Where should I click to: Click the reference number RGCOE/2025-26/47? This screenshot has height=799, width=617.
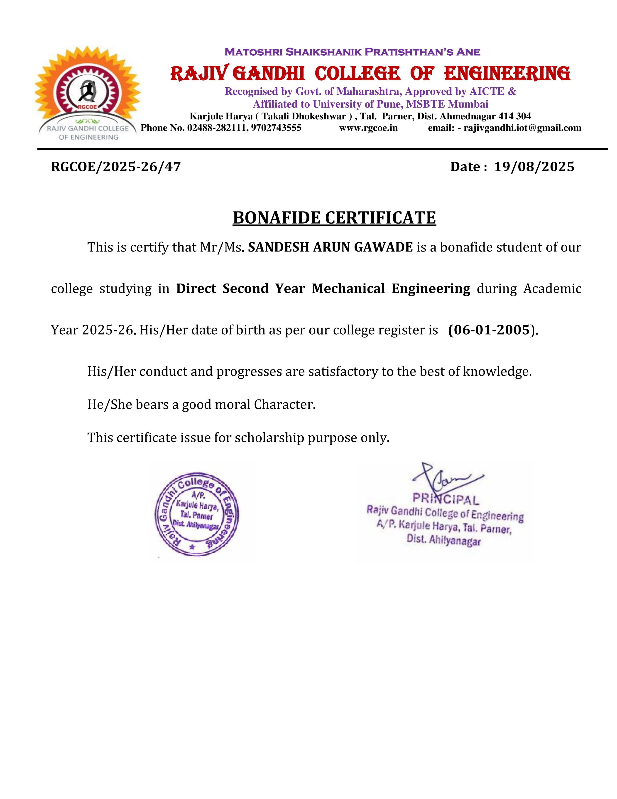(x=116, y=167)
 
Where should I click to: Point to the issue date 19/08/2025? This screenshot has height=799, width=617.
(x=534, y=167)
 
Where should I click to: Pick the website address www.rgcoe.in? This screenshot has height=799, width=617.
(x=368, y=128)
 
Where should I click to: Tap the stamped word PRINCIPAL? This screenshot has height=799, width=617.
(x=446, y=499)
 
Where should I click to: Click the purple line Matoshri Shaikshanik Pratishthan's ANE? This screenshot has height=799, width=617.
(x=352, y=52)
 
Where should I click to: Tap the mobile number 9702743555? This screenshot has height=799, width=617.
(x=276, y=128)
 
